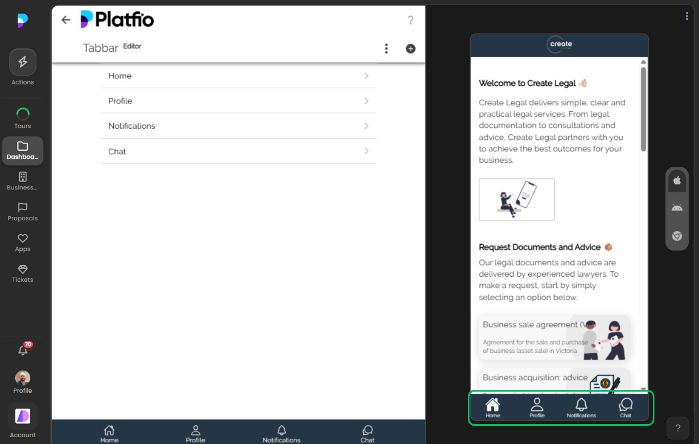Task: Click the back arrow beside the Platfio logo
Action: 66,20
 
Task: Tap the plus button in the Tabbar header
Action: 410,49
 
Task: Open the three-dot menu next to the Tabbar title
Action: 386,49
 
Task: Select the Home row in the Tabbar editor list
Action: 238,76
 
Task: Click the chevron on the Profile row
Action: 367,101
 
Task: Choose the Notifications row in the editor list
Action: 238,126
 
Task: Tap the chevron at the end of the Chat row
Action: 367,151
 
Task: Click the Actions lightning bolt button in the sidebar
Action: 23,62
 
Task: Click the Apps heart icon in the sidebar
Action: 23,239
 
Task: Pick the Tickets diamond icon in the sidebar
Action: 23,269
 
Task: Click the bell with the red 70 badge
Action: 23,351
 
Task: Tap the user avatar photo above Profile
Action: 23,378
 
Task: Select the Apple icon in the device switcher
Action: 677,180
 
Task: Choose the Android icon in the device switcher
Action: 677,208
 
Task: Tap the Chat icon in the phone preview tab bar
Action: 626,405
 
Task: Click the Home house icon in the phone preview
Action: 492,405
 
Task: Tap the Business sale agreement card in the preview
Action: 554,337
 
